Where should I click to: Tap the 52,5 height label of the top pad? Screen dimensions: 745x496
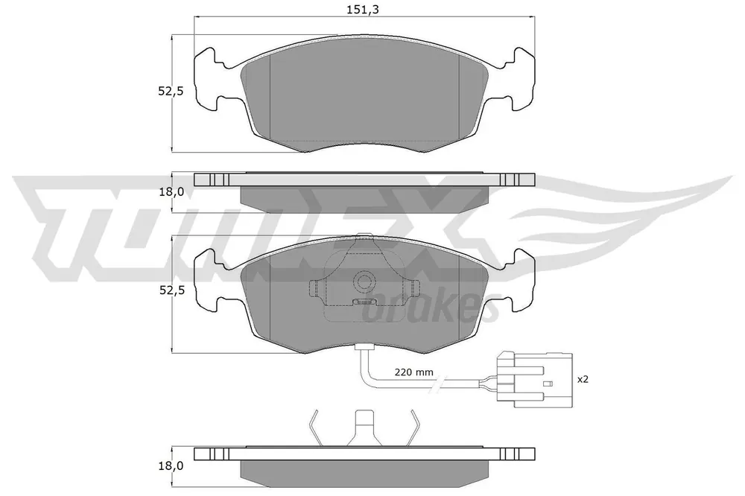(171, 91)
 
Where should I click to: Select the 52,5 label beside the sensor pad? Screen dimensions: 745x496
(171, 290)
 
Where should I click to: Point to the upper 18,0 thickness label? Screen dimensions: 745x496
(171, 192)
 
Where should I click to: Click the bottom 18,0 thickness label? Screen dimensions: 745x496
(171, 466)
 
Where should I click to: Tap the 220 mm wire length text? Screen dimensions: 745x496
(413, 372)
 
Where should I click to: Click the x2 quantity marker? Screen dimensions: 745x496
(583, 379)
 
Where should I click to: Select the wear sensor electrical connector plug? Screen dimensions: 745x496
(534, 379)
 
